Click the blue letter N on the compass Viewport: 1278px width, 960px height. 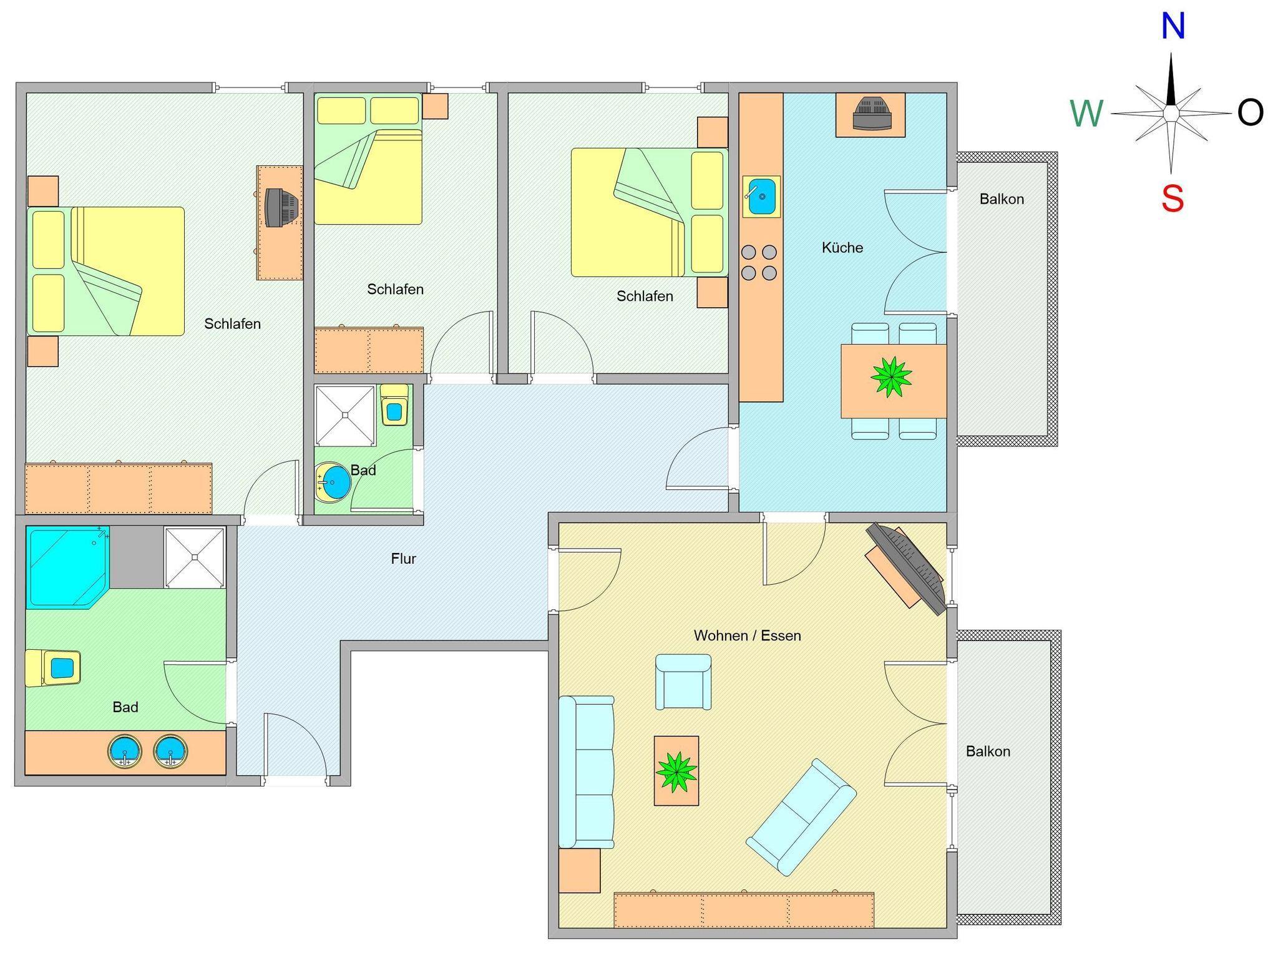[x=1173, y=27]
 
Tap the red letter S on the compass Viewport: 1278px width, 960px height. [x=1172, y=199]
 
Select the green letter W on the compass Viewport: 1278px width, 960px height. [x=1086, y=114]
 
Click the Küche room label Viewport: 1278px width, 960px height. [x=842, y=248]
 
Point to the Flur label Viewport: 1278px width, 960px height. [x=403, y=559]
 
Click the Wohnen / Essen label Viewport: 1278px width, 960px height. [x=747, y=635]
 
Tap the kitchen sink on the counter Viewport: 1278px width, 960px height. [x=761, y=197]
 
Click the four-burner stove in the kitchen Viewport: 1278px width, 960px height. [x=759, y=263]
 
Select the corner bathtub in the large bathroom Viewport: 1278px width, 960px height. [x=67, y=567]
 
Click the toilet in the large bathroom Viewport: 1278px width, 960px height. [x=53, y=669]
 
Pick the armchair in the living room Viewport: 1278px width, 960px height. [x=683, y=682]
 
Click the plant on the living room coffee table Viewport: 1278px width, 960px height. [x=676, y=771]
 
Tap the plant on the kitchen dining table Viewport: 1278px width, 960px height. [x=892, y=377]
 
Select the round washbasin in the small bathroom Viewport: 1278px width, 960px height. [x=333, y=482]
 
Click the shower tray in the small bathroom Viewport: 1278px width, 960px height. [x=346, y=416]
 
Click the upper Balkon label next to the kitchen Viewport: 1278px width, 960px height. [x=1002, y=199]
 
